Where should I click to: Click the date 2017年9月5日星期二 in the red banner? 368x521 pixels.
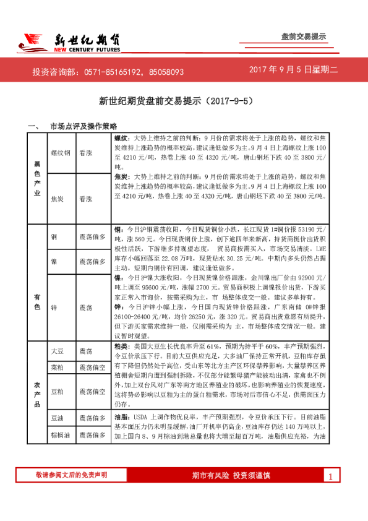[293, 70]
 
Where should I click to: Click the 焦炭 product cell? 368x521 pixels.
[57, 199]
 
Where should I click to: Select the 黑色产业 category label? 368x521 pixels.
[36, 176]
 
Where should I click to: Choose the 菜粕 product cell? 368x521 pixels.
[57, 367]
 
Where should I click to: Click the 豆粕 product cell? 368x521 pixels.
[57, 392]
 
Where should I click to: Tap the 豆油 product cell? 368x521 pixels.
[57, 419]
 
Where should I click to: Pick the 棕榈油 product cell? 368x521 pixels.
[59, 436]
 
